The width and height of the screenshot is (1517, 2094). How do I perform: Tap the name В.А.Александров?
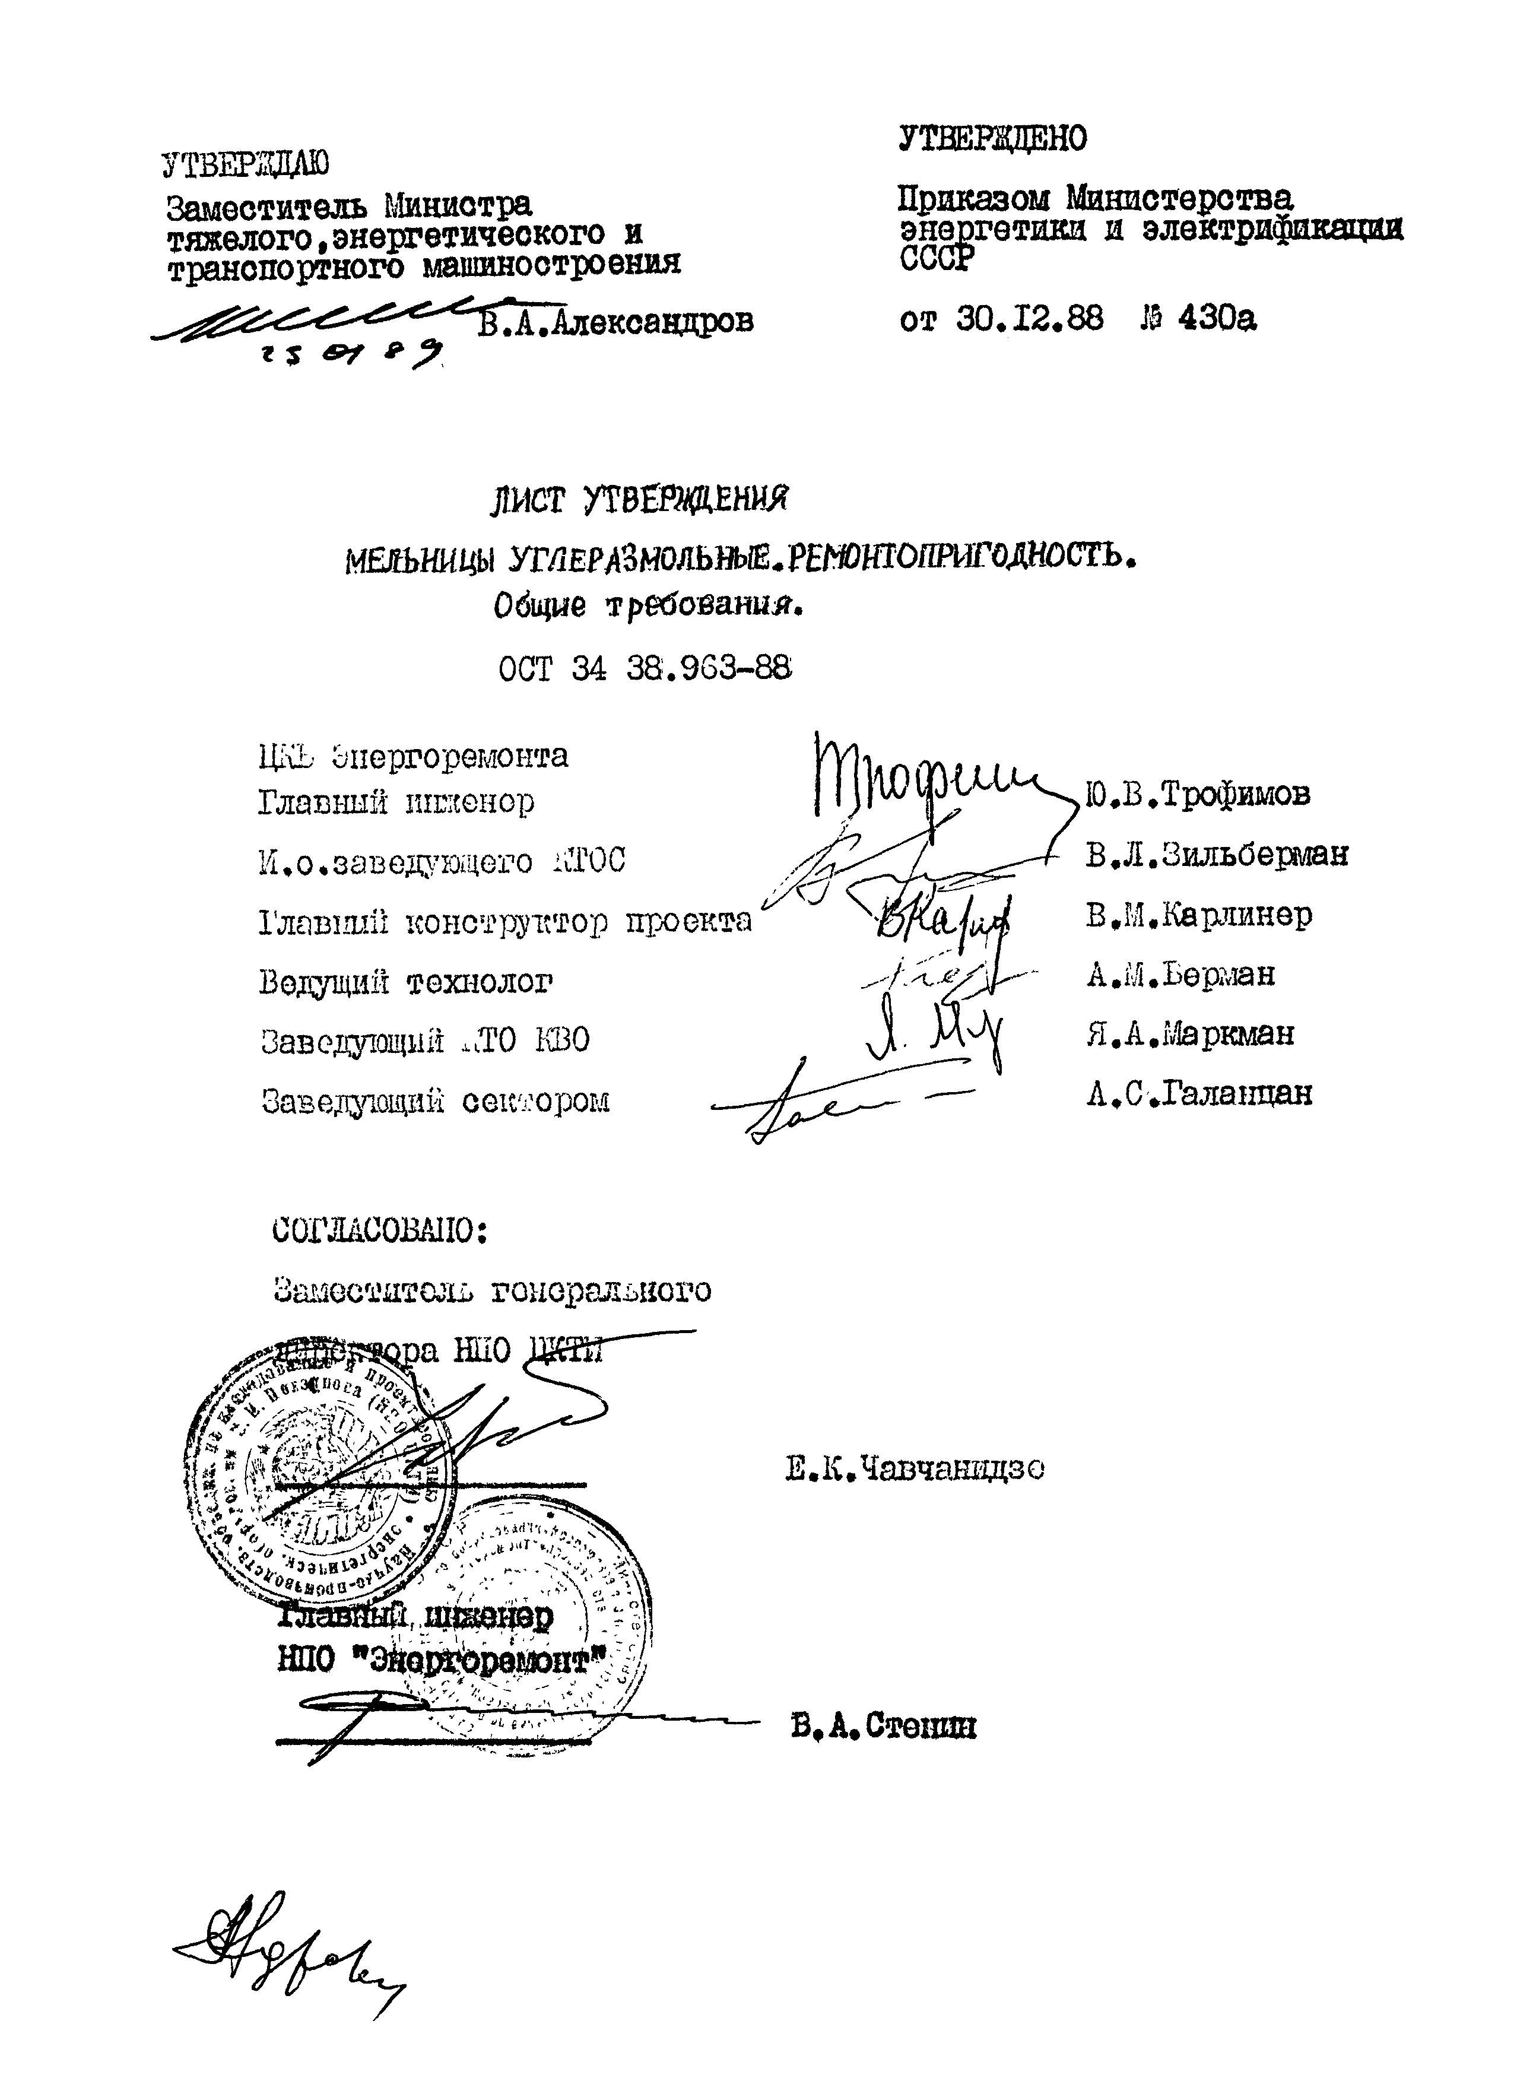[x=616, y=321]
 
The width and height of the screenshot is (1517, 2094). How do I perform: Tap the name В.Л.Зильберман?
[x=1217, y=855]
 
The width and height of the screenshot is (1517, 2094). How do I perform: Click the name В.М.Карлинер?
[x=1198, y=915]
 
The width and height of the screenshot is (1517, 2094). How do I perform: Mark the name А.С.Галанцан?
[x=1198, y=1094]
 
